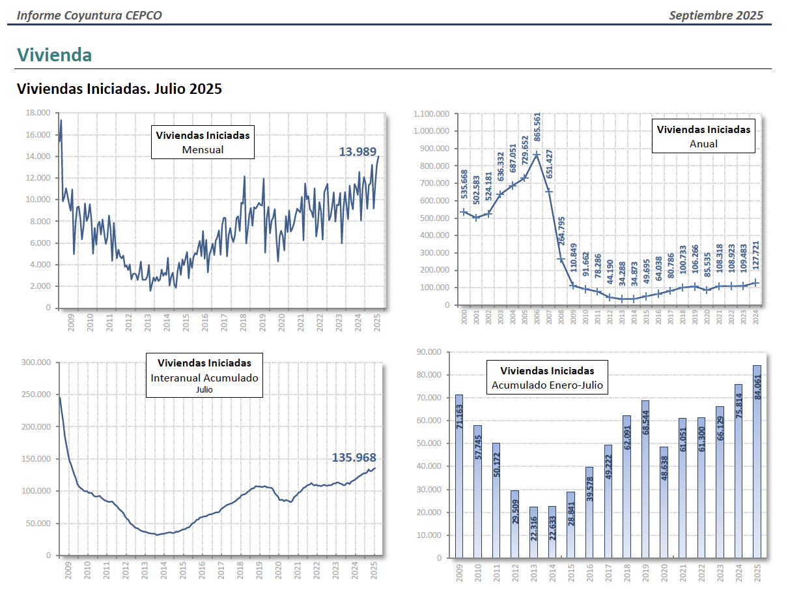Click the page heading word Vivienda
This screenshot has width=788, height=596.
(x=54, y=55)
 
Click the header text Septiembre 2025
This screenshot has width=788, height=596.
(x=716, y=16)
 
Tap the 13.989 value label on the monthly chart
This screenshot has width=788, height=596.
(x=358, y=152)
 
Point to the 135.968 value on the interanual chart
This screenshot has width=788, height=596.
(x=354, y=458)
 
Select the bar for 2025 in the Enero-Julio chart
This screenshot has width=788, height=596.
(x=757, y=461)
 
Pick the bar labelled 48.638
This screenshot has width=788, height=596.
(x=663, y=502)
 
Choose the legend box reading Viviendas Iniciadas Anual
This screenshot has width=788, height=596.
(x=703, y=136)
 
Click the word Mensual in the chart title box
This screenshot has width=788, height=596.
(x=203, y=149)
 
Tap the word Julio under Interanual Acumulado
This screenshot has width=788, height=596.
(x=204, y=390)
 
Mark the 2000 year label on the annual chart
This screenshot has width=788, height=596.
(x=464, y=317)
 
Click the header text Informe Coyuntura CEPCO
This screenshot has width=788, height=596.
(x=89, y=16)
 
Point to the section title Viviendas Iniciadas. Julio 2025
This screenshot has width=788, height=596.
(x=119, y=89)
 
